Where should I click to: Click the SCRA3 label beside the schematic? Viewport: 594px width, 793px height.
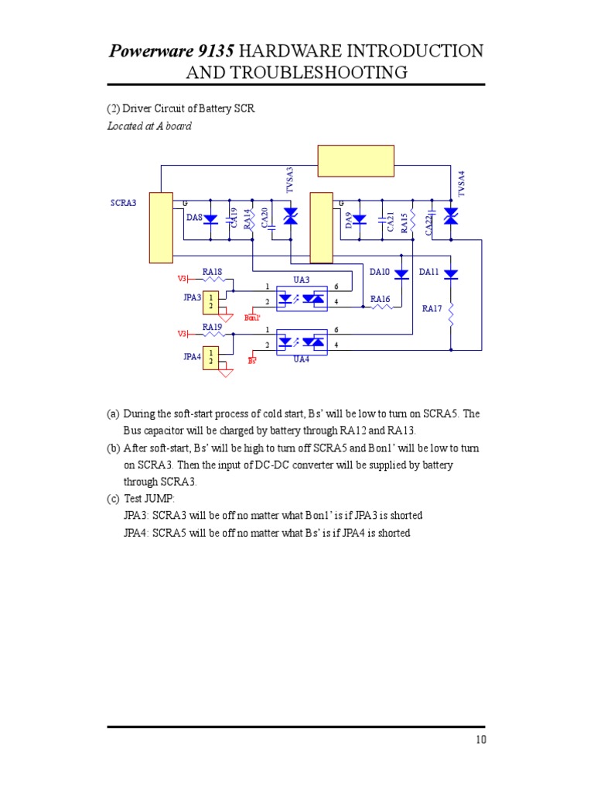tap(123, 203)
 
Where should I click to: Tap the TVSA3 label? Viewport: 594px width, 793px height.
tap(290, 180)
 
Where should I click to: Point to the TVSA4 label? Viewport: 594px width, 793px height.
tap(461, 184)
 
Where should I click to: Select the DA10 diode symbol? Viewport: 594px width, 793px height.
tap(401, 274)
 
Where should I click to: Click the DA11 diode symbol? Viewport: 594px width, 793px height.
tap(451, 274)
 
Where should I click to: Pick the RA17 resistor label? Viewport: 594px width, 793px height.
tap(432, 308)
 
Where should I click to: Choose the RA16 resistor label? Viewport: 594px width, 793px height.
tap(381, 299)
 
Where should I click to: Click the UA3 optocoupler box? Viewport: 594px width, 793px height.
tap(302, 298)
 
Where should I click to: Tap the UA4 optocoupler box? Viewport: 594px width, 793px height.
tap(302, 342)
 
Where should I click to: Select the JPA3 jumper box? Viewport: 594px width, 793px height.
tap(210, 303)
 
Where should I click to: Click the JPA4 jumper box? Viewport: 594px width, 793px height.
tap(210, 358)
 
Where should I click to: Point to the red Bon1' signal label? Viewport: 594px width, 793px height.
tap(252, 318)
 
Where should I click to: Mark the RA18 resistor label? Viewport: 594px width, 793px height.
tap(212, 272)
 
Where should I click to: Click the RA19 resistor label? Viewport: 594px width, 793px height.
tap(212, 327)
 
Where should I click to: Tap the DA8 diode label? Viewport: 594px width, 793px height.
tap(194, 217)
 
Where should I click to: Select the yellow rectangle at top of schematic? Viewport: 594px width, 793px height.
tap(356, 161)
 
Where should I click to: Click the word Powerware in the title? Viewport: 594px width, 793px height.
tap(151, 50)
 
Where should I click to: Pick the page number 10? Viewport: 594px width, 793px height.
tap(481, 740)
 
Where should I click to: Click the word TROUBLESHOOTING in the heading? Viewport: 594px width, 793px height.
tap(319, 72)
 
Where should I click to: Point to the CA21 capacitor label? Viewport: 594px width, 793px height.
tap(390, 221)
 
